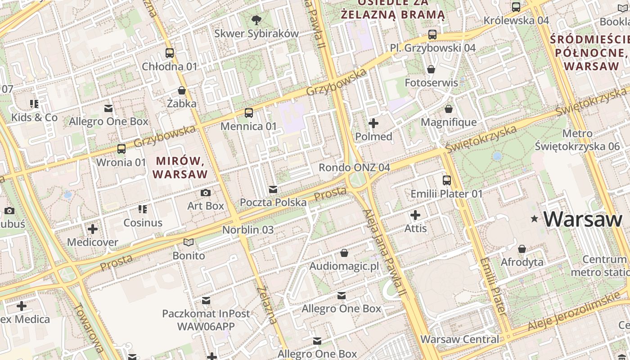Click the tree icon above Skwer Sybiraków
pyautogui.click(x=256, y=20)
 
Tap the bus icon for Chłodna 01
pyautogui.click(x=170, y=53)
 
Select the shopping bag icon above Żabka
pyautogui.click(x=182, y=90)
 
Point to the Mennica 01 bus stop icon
pyautogui.click(x=249, y=112)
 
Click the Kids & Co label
pyautogui.click(x=35, y=117)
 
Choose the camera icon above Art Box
pyautogui.click(x=206, y=193)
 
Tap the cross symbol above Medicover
pyautogui.click(x=93, y=229)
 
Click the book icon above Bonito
pyautogui.click(x=189, y=243)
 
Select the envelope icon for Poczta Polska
pyautogui.click(x=273, y=189)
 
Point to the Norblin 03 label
pyautogui.click(x=248, y=229)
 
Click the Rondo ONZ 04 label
pyautogui.click(x=354, y=167)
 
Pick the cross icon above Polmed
pyautogui.click(x=373, y=123)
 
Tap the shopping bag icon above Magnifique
pyautogui.click(x=449, y=109)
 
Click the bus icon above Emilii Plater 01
pyautogui.click(x=447, y=180)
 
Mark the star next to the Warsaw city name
pyautogui.click(x=535, y=219)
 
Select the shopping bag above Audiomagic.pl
pyautogui.click(x=344, y=253)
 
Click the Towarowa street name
pyautogui.click(x=88, y=327)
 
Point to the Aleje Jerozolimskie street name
pyautogui.click(x=579, y=311)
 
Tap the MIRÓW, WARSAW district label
pyautogui.click(x=181, y=167)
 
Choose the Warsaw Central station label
pyautogui.click(x=459, y=339)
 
